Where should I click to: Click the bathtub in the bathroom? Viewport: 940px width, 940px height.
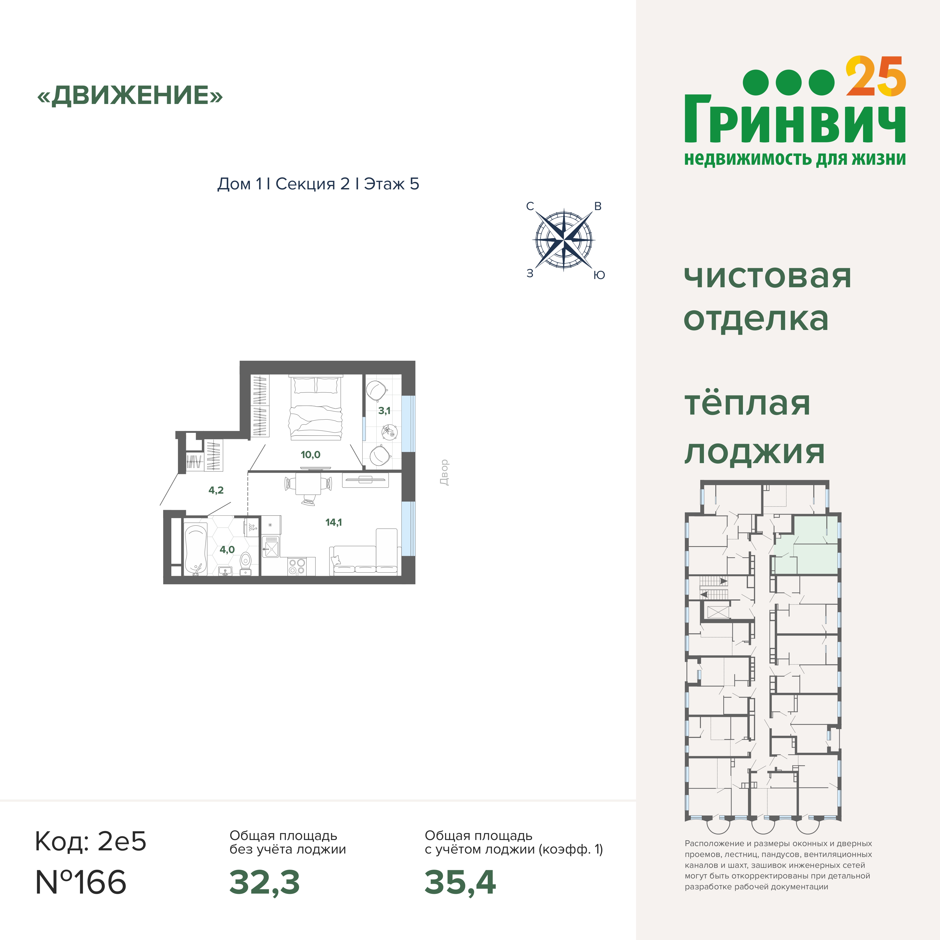pos(195,548)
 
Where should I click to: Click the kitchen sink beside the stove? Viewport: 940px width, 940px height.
pos(271,546)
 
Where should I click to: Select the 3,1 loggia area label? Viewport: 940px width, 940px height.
pos(384,411)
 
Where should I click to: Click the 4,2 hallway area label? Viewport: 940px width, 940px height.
pos(216,490)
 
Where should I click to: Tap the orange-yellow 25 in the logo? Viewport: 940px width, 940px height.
pos(876,77)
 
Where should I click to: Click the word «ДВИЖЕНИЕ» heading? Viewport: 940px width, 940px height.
pos(130,95)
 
